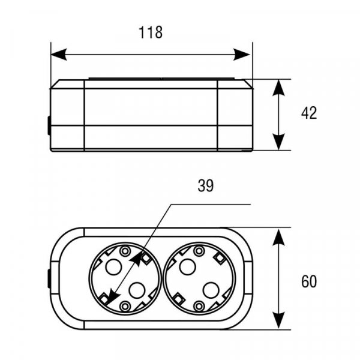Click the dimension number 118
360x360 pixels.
(x=151, y=32)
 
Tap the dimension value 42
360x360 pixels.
(x=309, y=113)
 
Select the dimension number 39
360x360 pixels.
(x=205, y=185)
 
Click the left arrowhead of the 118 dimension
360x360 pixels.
(x=59, y=55)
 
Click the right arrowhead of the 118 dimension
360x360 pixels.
(x=242, y=55)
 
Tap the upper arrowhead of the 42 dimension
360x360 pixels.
(x=278, y=88)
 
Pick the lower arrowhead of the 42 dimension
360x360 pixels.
(x=278, y=142)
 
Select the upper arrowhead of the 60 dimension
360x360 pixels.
(x=278, y=238)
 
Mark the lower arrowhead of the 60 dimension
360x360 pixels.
(x=278, y=320)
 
